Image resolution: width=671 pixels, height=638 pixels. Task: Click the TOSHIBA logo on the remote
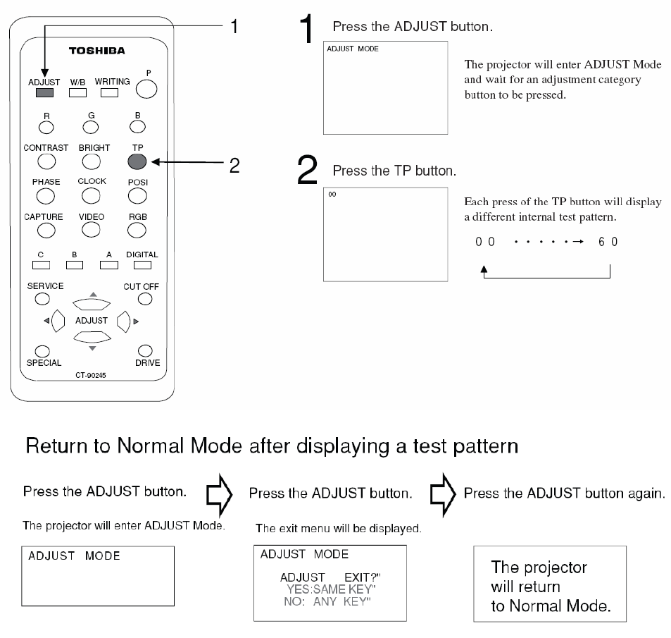[96, 51]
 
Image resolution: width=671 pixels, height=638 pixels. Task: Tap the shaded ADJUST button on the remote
[44, 92]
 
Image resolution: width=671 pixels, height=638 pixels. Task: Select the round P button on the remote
[146, 88]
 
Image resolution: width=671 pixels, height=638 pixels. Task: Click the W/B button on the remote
[78, 92]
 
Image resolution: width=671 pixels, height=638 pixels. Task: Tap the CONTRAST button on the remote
[46, 161]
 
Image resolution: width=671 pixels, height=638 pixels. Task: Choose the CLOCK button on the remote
[91, 194]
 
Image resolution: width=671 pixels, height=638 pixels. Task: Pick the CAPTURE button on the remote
[46, 229]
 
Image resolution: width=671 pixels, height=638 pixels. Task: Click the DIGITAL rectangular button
[142, 265]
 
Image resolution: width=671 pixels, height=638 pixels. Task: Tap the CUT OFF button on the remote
[145, 298]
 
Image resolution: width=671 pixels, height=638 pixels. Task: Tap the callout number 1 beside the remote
[235, 27]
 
